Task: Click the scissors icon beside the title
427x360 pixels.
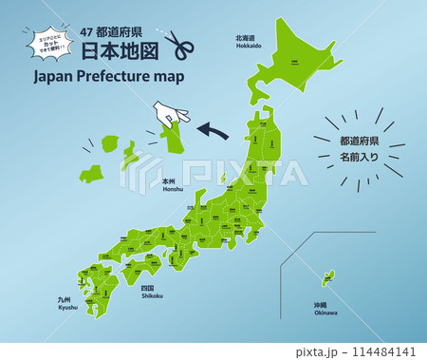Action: click(178, 46)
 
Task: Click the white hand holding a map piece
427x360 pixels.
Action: click(172, 117)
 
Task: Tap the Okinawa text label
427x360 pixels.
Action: click(326, 310)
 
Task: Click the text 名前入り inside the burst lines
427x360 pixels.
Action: click(360, 155)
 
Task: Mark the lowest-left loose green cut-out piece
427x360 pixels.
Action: click(92, 174)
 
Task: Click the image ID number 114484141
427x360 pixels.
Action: click(389, 351)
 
